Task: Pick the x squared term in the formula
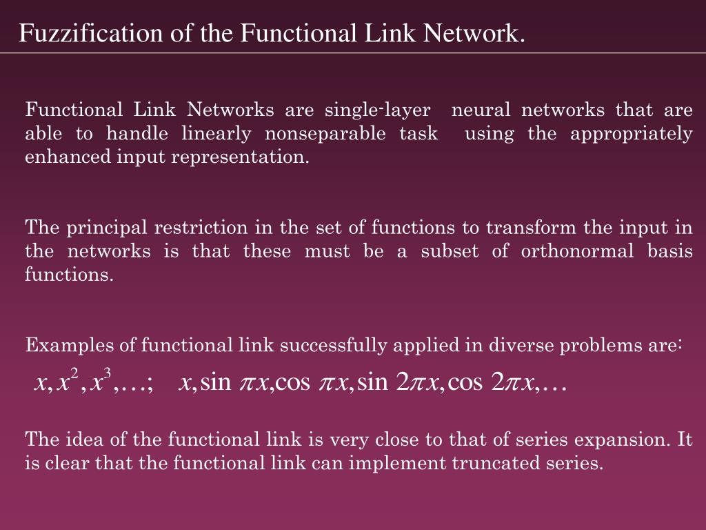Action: (68, 380)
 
